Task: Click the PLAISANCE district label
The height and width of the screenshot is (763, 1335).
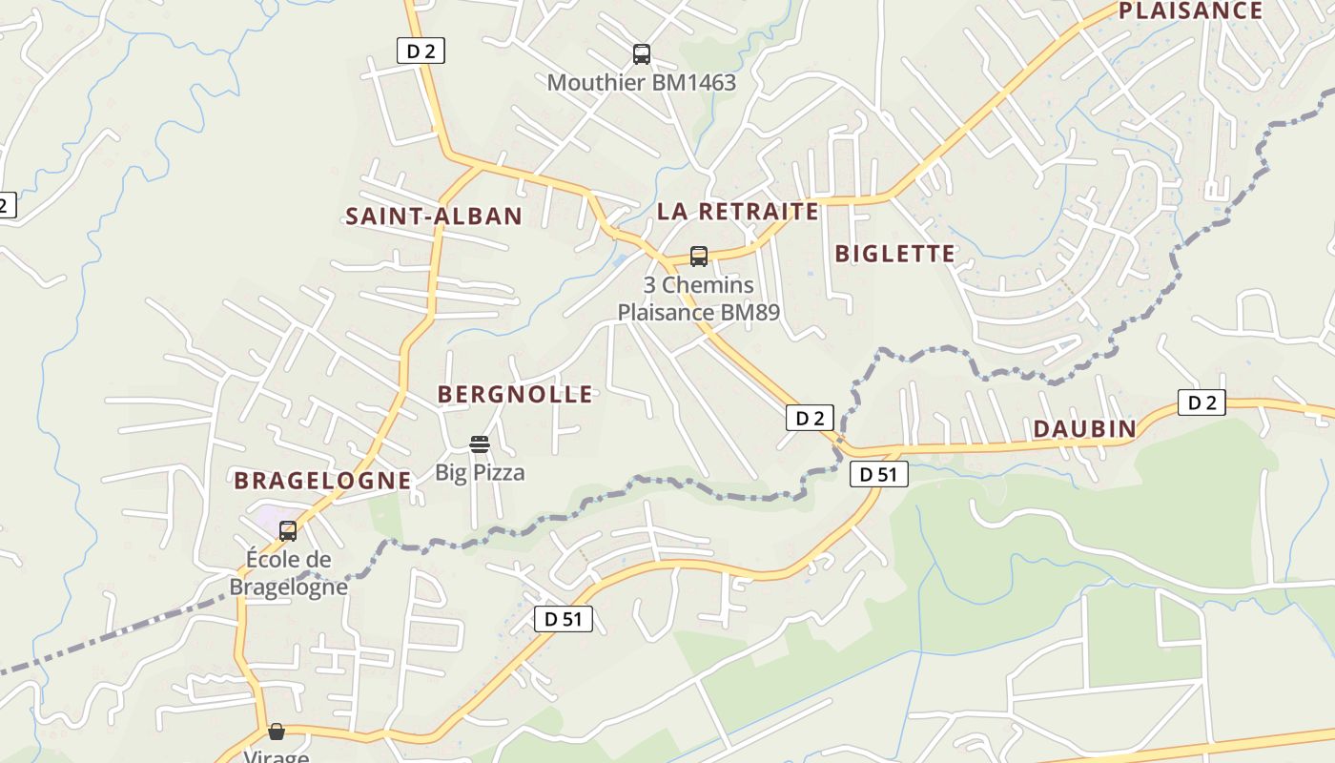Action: [1190, 11]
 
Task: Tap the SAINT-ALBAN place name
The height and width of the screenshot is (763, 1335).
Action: [434, 217]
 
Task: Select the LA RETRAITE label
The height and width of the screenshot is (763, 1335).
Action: [738, 211]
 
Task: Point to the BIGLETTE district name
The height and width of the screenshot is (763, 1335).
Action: [894, 254]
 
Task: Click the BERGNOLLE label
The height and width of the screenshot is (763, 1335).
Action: [515, 394]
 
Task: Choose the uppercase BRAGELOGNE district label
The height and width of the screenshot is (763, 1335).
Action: [322, 481]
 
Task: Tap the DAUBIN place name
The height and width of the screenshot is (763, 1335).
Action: [1085, 429]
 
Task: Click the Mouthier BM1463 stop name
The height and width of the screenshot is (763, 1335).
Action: [641, 83]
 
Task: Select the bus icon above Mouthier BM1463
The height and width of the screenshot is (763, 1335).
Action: [642, 54]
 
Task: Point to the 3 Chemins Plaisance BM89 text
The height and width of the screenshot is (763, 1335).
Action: [698, 299]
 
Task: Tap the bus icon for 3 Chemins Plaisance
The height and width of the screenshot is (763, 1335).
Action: [699, 257]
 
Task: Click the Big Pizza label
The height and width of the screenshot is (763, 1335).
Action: [480, 472]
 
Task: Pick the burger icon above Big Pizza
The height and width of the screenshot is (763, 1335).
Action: [480, 444]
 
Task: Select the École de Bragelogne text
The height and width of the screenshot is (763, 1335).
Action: [288, 572]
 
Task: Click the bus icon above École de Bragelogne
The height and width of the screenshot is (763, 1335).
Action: [288, 531]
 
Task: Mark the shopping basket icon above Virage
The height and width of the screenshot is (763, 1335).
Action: [277, 732]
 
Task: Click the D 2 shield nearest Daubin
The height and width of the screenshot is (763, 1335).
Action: [1201, 402]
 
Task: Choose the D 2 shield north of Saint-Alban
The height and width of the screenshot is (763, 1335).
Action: [421, 52]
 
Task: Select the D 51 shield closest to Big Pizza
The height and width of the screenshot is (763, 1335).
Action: [563, 619]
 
